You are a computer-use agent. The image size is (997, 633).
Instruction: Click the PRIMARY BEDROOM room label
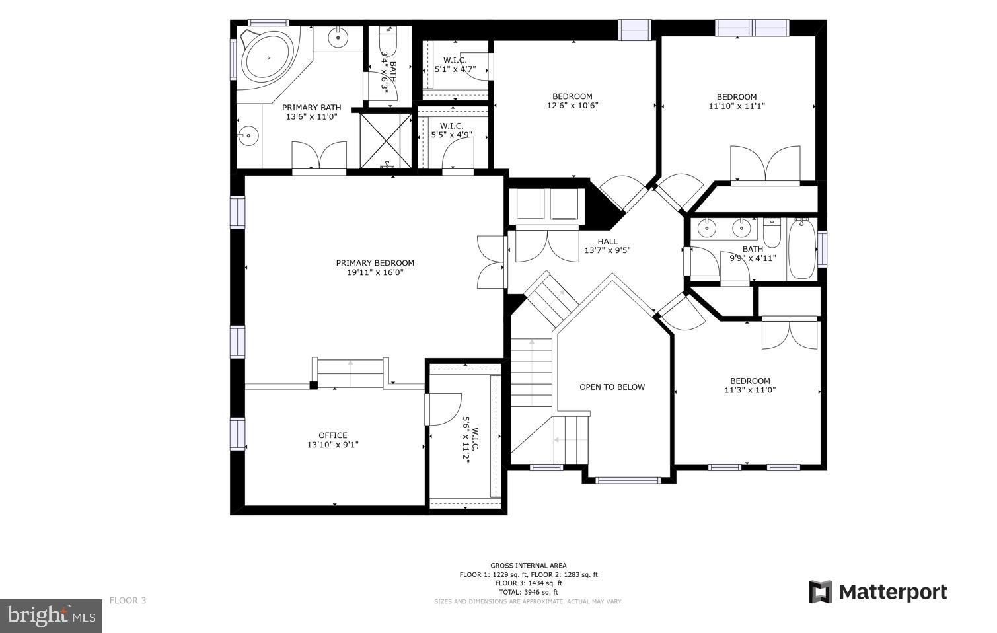point(375,263)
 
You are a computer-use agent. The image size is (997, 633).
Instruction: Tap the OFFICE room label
point(332,435)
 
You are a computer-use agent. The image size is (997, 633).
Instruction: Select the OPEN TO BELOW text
point(612,387)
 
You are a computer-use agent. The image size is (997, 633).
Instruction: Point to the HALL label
point(607,242)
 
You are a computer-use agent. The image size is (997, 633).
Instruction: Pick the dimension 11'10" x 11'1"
point(737,106)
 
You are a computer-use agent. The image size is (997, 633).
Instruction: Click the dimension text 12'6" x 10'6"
point(572,106)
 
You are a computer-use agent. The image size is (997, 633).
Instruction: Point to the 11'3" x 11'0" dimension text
point(750,391)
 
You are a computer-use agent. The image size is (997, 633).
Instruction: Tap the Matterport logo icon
point(821,592)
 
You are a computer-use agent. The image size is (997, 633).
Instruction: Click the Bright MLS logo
point(51,616)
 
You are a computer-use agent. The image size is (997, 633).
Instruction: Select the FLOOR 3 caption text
point(128,601)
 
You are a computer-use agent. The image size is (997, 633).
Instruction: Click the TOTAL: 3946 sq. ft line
point(528,592)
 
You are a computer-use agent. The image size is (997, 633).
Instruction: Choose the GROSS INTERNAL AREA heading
point(528,566)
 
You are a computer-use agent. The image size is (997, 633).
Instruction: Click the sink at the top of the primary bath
point(338,37)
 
